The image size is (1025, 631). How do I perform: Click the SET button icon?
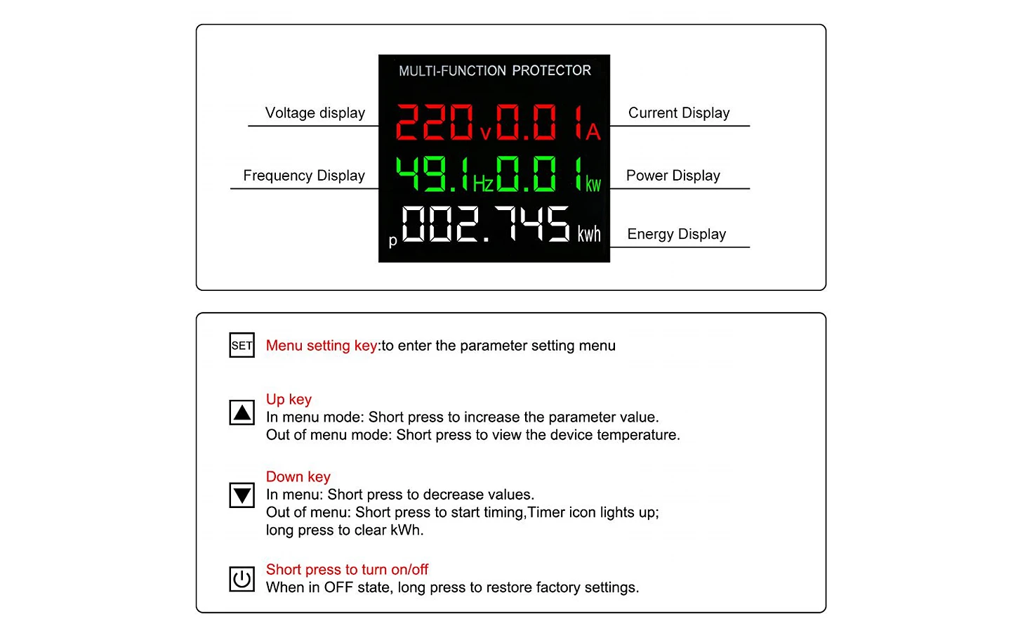pyautogui.click(x=242, y=345)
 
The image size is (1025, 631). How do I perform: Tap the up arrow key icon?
pyautogui.click(x=242, y=412)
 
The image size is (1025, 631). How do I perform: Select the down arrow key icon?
pyautogui.click(x=242, y=495)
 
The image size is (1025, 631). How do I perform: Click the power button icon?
pyautogui.click(x=242, y=579)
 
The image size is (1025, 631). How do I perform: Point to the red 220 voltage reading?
pyautogui.click(x=435, y=122)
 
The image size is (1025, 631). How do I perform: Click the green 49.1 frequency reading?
pyautogui.click(x=432, y=174)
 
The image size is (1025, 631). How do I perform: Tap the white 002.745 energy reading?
pyautogui.click(x=486, y=224)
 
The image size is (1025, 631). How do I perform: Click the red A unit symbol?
pyautogui.click(x=593, y=132)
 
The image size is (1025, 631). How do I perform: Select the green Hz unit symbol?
pyautogui.click(x=483, y=184)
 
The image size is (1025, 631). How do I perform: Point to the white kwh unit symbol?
pyautogui.click(x=589, y=234)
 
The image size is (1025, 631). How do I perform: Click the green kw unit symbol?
pyautogui.click(x=593, y=185)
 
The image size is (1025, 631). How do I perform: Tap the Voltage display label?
pyautogui.click(x=315, y=112)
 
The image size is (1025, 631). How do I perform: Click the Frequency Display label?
pyautogui.click(x=304, y=176)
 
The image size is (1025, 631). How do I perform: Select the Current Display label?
pyautogui.click(x=679, y=112)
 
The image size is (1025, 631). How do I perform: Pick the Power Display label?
pyautogui.click(x=673, y=176)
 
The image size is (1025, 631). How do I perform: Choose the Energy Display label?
pyautogui.click(x=676, y=234)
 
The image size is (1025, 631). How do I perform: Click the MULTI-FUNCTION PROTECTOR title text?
pyautogui.click(x=495, y=70)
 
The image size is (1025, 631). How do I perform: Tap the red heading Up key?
pyautogui.click(x=289, y=399)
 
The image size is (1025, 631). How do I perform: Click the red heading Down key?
pyautogui.click(x=298, y=476)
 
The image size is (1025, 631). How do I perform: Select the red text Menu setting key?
pyautogui.click(x=322, y=345)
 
